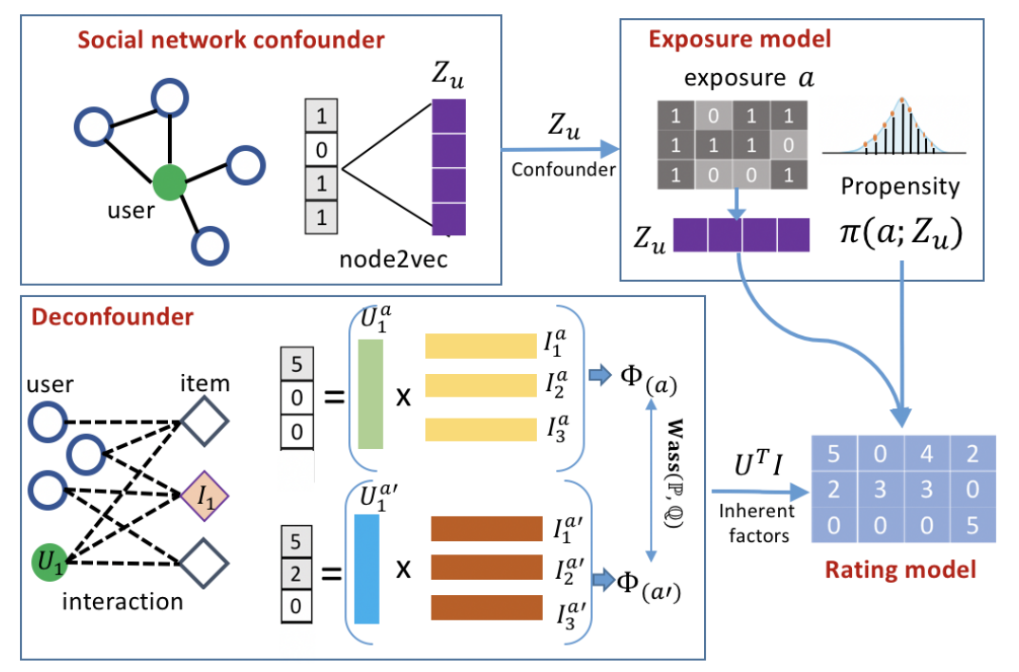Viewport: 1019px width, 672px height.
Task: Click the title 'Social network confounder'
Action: (231, 40)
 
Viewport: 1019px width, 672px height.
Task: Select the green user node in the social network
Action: (169, 180)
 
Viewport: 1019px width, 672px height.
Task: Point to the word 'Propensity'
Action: (899, 186)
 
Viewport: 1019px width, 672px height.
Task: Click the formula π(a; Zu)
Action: (899, 233)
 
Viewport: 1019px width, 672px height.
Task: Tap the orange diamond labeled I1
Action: (206, 495)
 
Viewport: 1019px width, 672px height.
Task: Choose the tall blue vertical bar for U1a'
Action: (366, 568)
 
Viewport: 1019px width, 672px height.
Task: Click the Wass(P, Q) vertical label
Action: (662, 485)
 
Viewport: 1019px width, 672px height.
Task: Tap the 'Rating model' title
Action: (899, 570)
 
